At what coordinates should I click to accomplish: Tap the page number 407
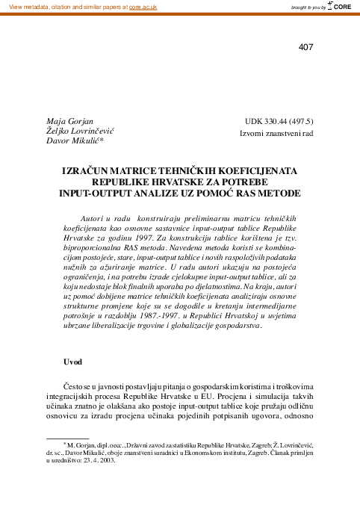[305, 48]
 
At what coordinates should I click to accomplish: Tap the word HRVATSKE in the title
[189, 182]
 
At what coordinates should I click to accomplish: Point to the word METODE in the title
[277, 192]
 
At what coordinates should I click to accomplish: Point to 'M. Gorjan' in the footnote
[80, 464]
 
